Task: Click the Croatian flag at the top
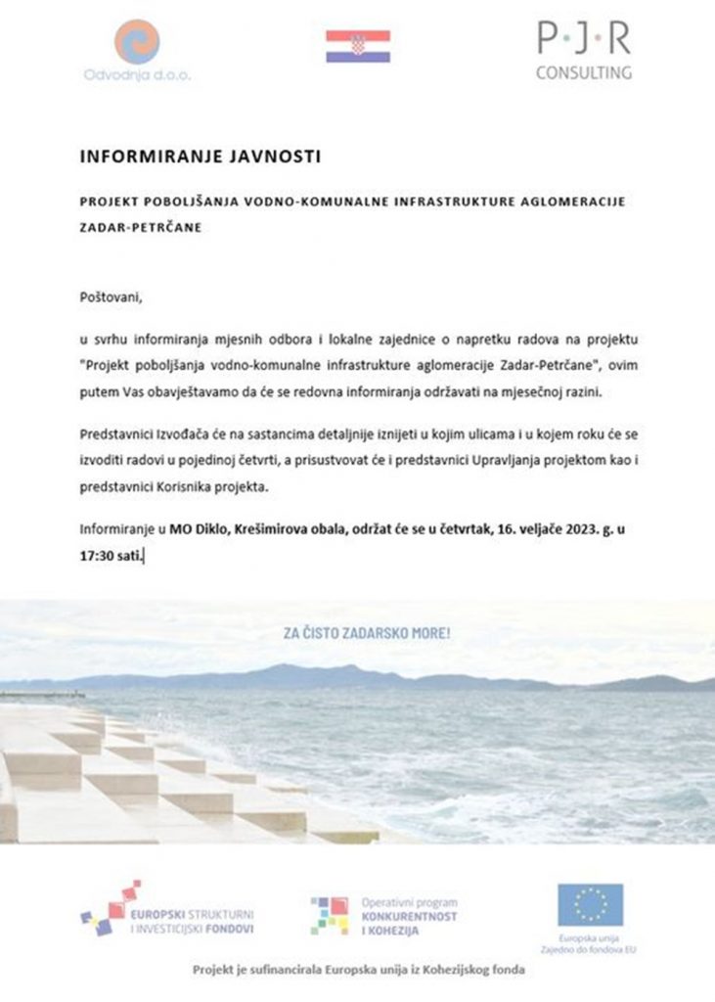(357, 45)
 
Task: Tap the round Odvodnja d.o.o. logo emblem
(136, 43)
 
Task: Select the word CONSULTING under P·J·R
(583, 71)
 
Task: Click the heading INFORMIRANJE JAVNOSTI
(200, 155)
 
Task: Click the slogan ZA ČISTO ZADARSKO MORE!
(367, 633)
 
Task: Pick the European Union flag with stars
(590, 904)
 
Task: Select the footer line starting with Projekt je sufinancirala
(357, 970)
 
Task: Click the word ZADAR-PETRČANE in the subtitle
(133, 225)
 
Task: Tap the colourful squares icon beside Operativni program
(330, 916)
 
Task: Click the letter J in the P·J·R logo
(583, 38)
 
